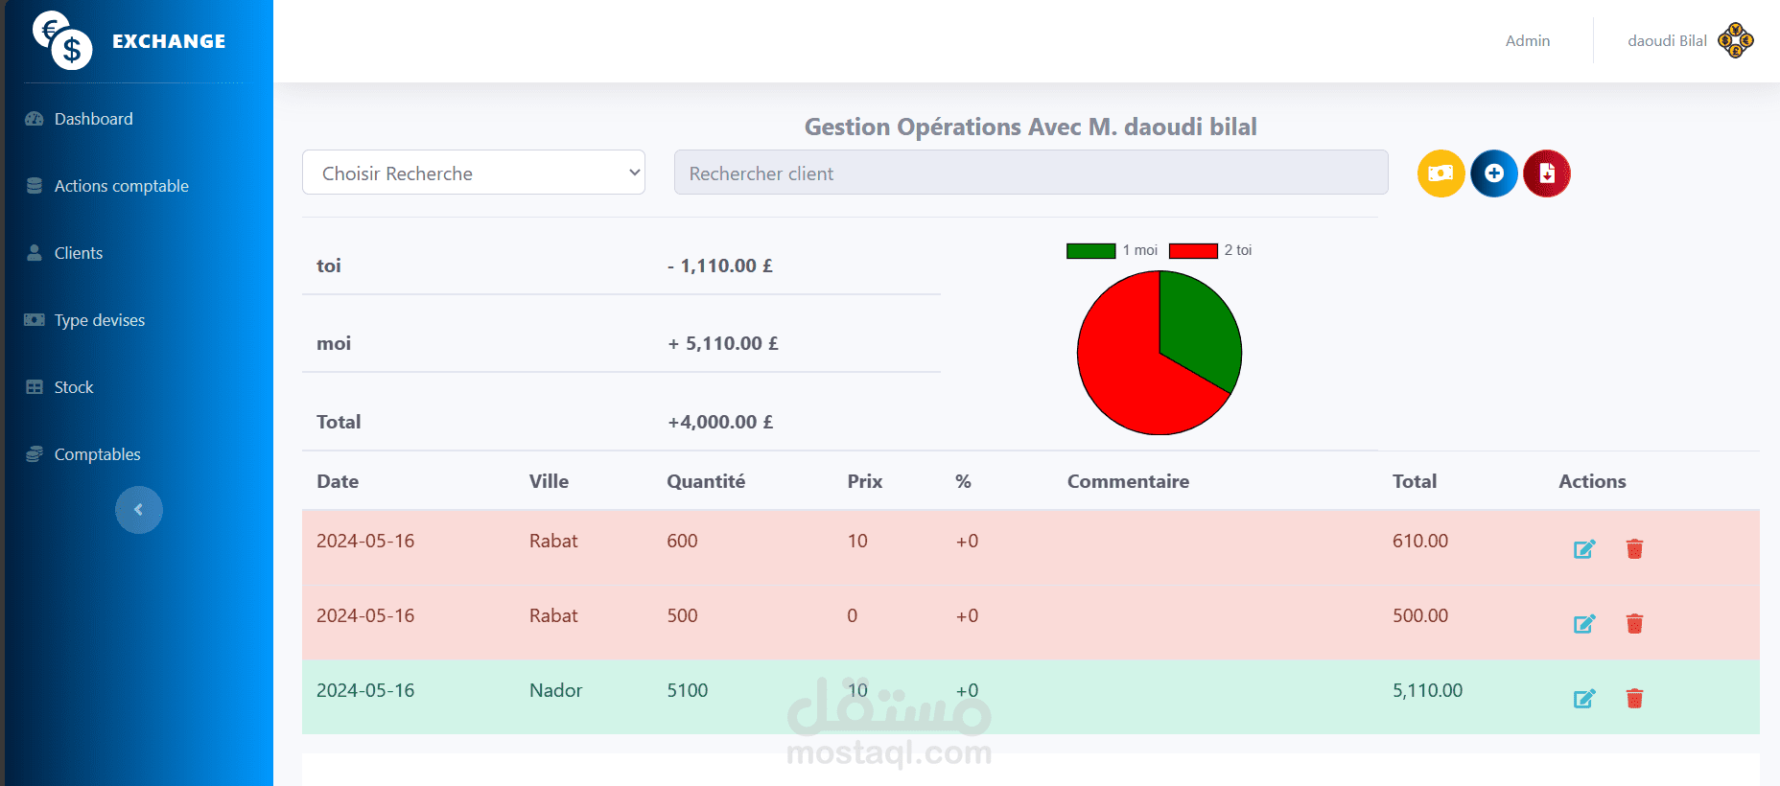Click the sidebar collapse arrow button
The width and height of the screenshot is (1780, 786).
139,510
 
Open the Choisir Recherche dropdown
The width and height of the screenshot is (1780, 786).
474,173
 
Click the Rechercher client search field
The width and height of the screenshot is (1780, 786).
1031,173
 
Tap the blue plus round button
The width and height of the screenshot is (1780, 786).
1494,173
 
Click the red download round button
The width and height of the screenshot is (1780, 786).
1547,173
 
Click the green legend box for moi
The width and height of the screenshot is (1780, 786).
1091,251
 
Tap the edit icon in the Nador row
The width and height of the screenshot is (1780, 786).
1584,699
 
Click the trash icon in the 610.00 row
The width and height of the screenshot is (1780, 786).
1635,548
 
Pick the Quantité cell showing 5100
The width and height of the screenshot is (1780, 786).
688,690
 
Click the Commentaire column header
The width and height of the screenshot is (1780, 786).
1128,481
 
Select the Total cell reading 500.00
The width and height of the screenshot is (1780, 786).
1420,615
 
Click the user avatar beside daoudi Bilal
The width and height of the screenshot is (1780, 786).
1736,40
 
